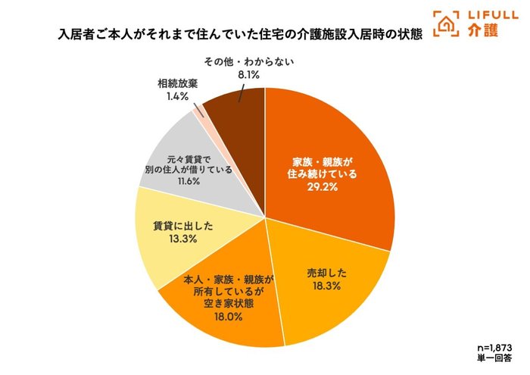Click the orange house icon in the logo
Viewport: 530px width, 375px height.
pyautogui.click(x=446, y=23)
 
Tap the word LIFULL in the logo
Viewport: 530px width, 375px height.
pyautogui.click(x=485, y=15)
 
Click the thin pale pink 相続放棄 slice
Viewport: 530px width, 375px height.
pyautogui.click(x=199, y=112)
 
